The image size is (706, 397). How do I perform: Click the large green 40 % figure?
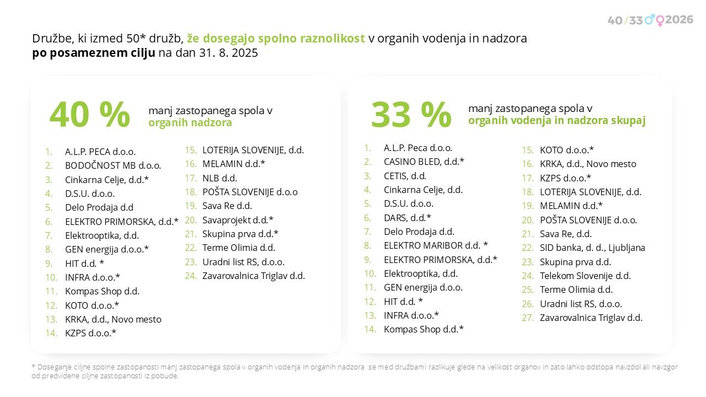[89, 115]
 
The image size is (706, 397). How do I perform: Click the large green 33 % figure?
[411, 115]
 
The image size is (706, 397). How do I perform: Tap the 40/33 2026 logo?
[650, 20]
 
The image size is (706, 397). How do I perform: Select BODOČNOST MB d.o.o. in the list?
[113, 165]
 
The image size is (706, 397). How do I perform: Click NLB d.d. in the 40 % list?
[220, 178]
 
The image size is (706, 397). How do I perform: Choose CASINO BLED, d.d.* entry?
[424, 162]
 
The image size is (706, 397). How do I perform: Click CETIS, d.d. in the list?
[405, 176]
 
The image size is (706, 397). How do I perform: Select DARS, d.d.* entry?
[407, 218]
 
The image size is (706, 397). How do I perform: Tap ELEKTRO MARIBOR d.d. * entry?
[436, 245]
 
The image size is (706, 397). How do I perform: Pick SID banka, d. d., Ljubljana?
[592, 248]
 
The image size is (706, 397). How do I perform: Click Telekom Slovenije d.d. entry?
[585, 276]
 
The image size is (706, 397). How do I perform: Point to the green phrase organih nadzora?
[190, 123]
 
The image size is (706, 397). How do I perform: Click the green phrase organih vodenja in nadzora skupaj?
[557, 121]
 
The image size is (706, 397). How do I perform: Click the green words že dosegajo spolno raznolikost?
[276, 39]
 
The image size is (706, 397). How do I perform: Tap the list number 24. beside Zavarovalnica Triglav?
[191, 276]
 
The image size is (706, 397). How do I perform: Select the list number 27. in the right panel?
[528, 318]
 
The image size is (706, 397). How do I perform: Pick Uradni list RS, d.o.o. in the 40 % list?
[243, 262]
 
